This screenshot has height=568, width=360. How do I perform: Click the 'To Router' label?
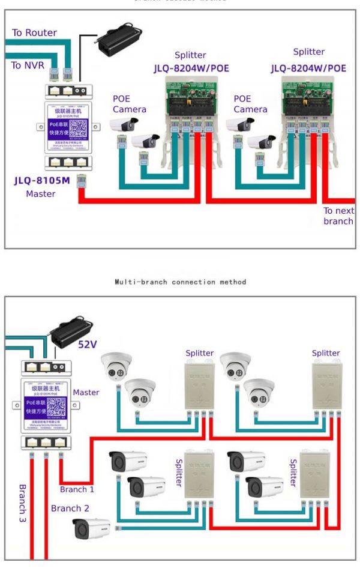pyautogui.click(x=34, y=33)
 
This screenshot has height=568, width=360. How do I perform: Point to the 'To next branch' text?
pyautogui.click(x=338, y=216)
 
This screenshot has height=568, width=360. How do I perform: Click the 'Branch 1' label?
pyautogui.click(x=77, y=489)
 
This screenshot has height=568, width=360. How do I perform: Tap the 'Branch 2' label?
pyautogui.click(x=70, y=509)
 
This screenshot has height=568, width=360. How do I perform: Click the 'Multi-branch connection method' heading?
pyautogui.click(x=180, y=282)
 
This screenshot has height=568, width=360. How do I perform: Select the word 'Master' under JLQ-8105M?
pyautogui.click(x=41, y=194)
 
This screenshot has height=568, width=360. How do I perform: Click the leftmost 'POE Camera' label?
pyautogui.click(x=129, y=104)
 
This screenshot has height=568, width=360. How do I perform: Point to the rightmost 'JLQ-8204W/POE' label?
pyautogui.click(x=308, y=68)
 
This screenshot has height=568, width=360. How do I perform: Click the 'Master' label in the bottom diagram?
pyautogui.click(x=86, y=393)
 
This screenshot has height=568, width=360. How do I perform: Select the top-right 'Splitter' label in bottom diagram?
pyautogui.click(x=326, y=353)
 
